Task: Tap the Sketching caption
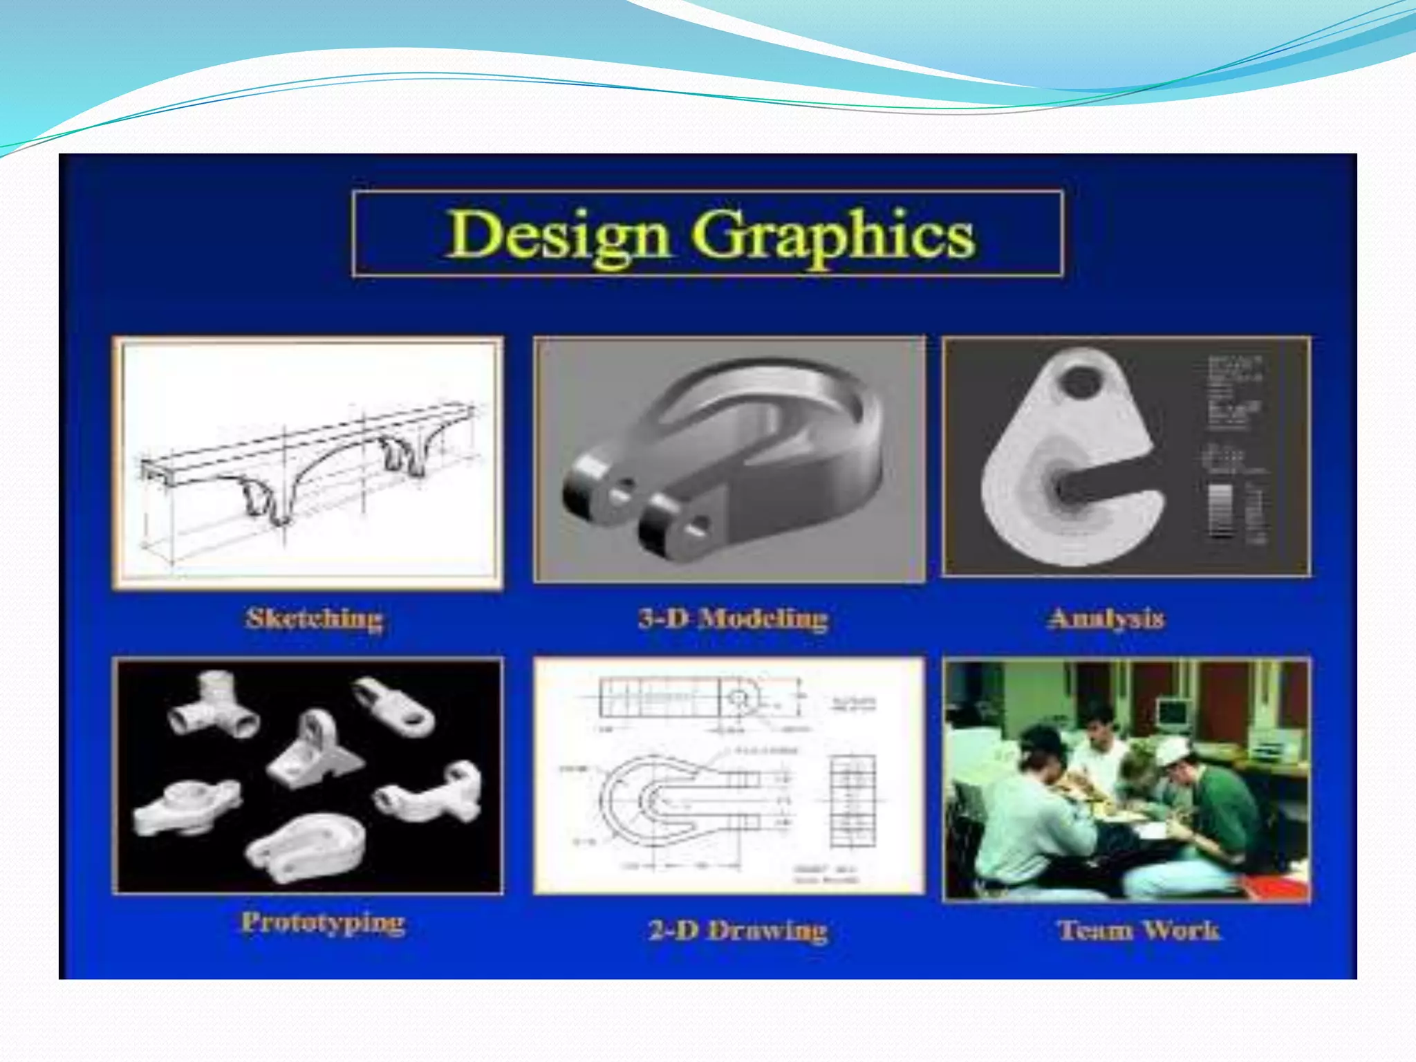(x=314, y=618)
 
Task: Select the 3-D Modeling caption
(x=733, y=618)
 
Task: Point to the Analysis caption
(x=1106, y=618)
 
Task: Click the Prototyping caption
(x=323, y=922)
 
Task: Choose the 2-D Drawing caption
(x=738, y=930)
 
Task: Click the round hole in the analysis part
(x=1081, y=382)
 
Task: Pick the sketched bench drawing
(x=308, y=463)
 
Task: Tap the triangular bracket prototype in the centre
(x=315, y=750)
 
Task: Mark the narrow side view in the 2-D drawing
(x=853, y=802)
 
